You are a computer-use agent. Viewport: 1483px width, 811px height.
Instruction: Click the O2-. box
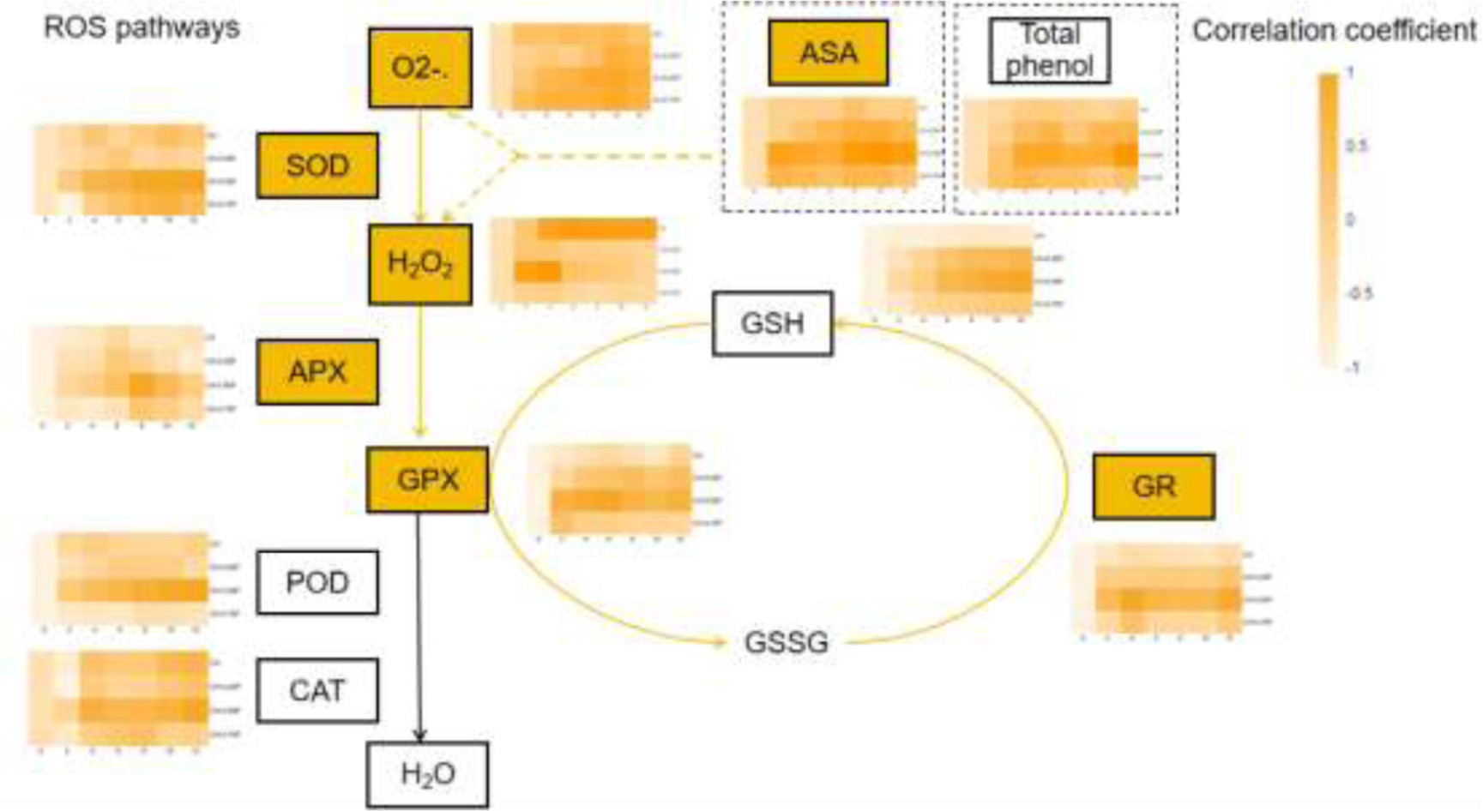pos(420,68)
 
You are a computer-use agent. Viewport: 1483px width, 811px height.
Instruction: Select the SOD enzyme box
pos(317,165)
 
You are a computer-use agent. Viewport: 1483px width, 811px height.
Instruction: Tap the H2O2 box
pos(420,264)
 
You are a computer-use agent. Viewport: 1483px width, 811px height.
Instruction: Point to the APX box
pos(317,372)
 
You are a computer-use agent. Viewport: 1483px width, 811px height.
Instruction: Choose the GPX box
pos(427,480)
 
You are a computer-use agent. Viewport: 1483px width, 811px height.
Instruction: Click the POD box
pos(317,583)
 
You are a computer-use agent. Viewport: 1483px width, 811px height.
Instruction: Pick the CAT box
pos(317,691)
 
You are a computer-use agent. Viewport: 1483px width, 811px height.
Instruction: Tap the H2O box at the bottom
pos(427,775)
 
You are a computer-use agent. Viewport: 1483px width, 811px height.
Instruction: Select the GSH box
pos(772,323)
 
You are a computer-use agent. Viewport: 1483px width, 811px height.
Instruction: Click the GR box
pos(1154,487)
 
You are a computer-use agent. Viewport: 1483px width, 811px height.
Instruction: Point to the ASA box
pos(828,53)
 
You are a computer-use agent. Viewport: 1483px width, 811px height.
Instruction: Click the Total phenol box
pos(1049,51)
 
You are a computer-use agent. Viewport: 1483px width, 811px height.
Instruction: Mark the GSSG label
pos(787,642)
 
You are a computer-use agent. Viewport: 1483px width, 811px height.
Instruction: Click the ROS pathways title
pos(142,27)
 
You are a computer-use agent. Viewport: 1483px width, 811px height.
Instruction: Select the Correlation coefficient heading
pos(1335,31)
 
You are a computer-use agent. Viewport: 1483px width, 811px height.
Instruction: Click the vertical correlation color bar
pos(1328,221)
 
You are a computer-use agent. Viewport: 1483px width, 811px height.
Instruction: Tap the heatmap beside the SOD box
pos(120,170)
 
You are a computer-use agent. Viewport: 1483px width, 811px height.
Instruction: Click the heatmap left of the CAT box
pos(120,698)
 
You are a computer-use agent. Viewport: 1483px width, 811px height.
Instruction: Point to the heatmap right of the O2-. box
pos(570,67)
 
